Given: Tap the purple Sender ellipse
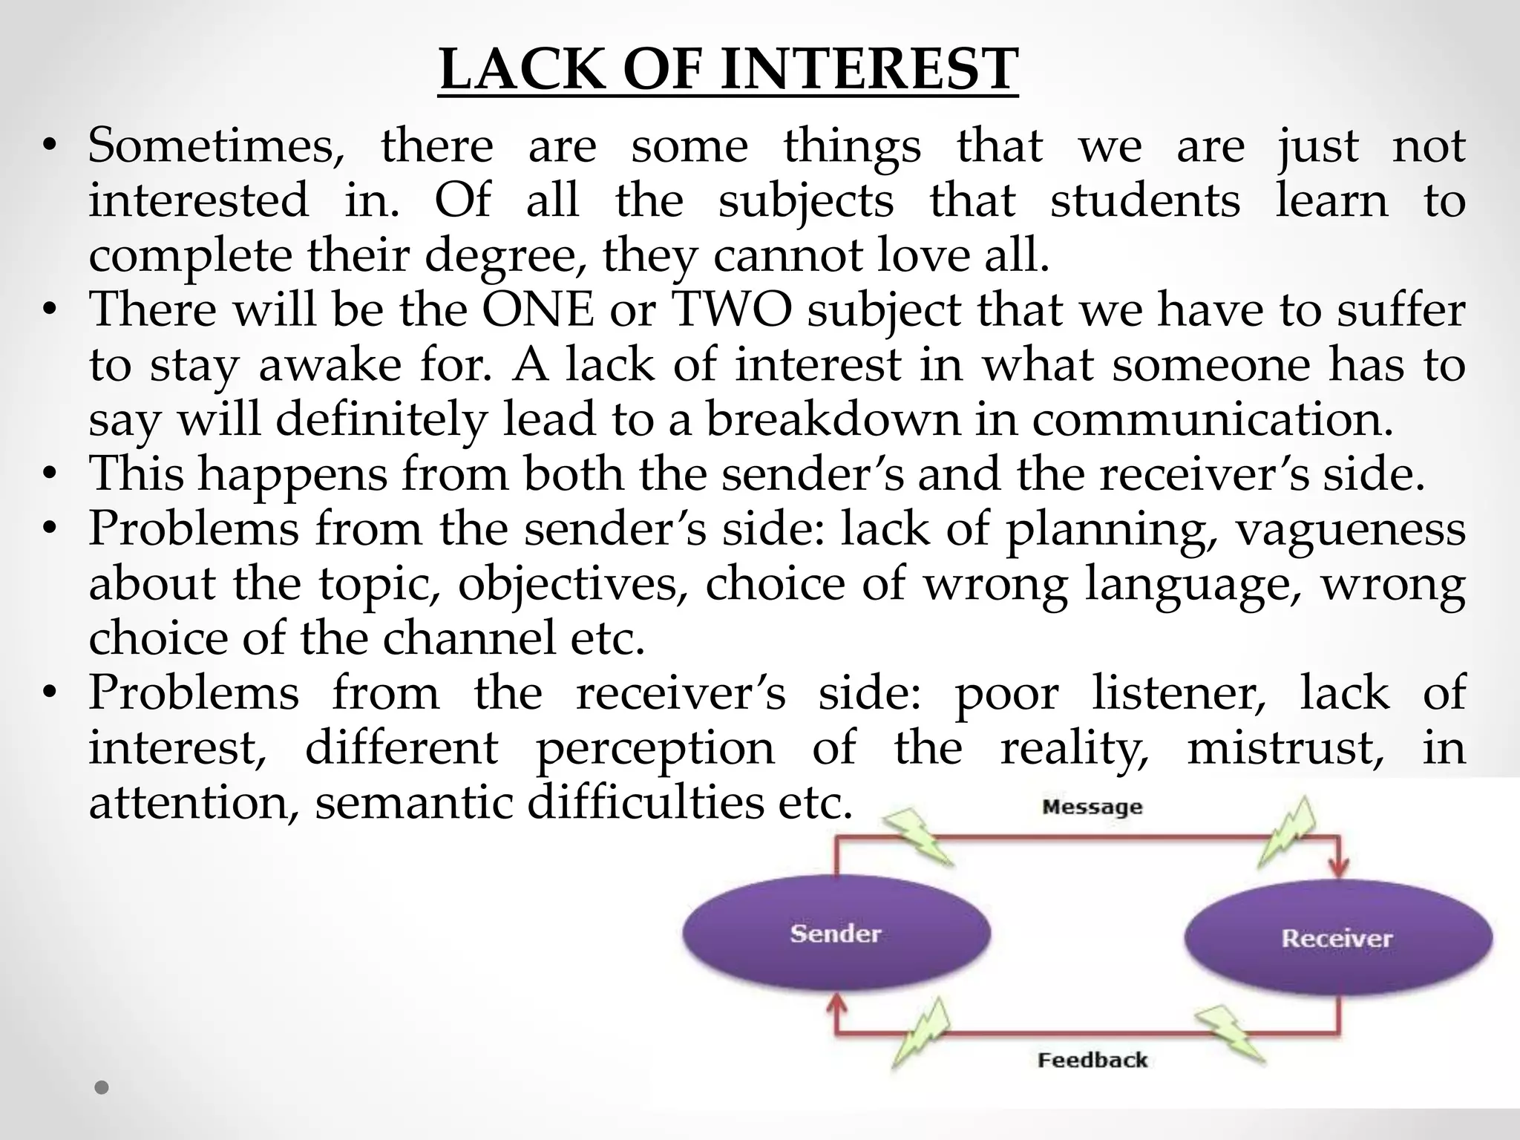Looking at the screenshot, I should click(x=836, y=933).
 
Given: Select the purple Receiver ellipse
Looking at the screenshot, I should click(x=1337, y=938).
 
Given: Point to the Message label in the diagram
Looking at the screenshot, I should click(x=1092, y=807).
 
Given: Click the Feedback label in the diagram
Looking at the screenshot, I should click(x=1092, y=1060).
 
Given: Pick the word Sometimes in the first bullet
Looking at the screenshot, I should click(x=216, y=145).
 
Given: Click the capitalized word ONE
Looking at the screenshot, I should click(x=538, y=309).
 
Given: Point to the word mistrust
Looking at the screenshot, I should click(x=1285, y=747).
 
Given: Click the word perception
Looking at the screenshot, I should click(x=655, y=747).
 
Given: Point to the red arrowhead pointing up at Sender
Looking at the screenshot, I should click(x=836, y=1008).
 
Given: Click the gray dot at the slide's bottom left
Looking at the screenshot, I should click(x=102, y=1088).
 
